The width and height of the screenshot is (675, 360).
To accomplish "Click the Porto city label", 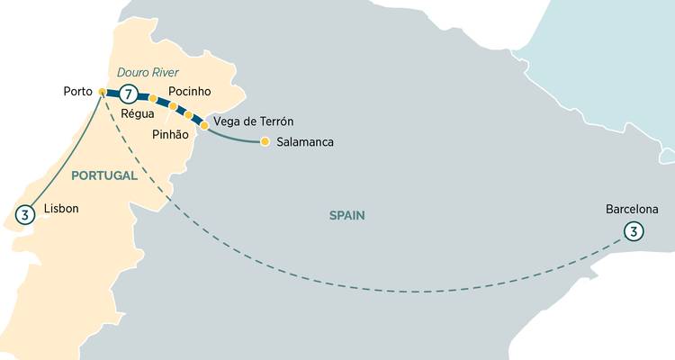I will [x=79, y=92].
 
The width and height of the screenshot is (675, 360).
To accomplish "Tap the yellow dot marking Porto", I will [x=102, y=92].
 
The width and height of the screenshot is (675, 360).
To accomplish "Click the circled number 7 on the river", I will [x=130, y=94].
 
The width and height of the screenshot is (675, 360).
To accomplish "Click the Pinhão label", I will [x=170, y=133].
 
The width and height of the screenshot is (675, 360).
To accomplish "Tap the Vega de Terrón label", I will [x=253, y=121].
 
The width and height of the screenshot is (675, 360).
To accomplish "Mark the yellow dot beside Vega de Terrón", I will [x=204, y=126].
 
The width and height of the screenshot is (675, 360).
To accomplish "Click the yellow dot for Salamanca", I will [x=265, y=141].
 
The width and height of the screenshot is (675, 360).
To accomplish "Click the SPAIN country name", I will [x=346, y=215].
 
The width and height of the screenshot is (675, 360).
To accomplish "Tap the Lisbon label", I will [x=61, y=209].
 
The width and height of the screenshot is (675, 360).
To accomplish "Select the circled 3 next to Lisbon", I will [x=26, y=214].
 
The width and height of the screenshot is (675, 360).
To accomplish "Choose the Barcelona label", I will [x=632, y=210].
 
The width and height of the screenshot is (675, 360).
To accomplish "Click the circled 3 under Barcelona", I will [x=634, y=232].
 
